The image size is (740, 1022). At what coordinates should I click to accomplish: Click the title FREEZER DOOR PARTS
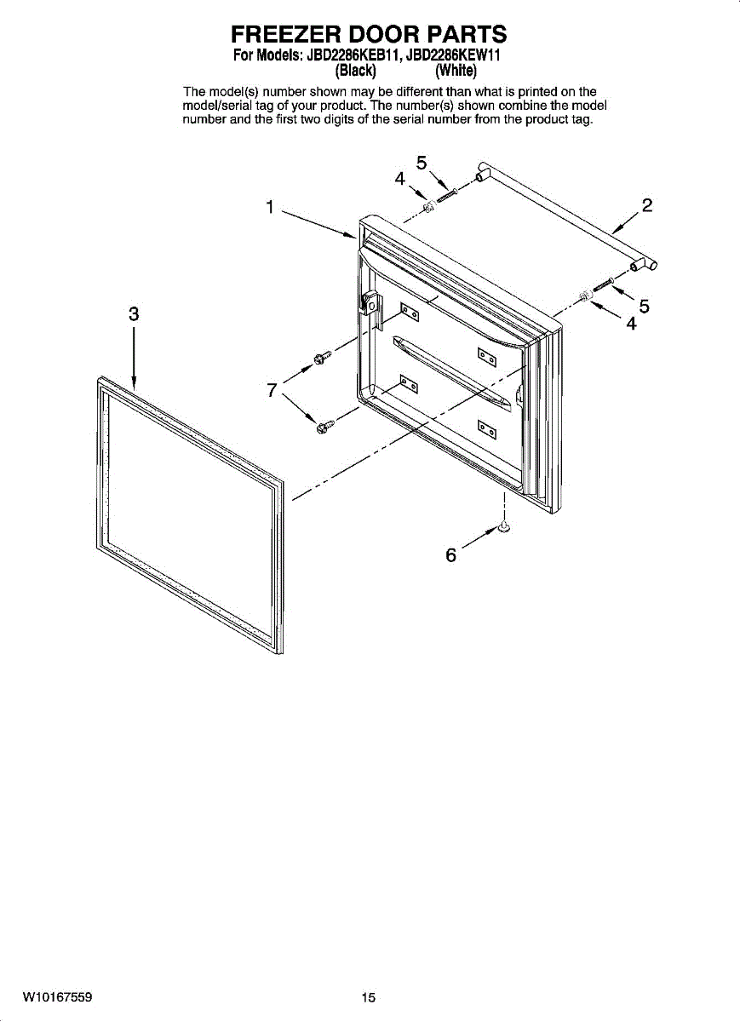(369, 34)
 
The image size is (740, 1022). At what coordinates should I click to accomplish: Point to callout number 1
(269, 207)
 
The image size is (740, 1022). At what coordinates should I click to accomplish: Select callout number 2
(648, 205)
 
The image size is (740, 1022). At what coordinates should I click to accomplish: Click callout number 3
(134, 313)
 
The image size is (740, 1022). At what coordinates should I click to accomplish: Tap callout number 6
(451, 555)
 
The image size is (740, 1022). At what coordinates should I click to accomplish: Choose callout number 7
(272, 390)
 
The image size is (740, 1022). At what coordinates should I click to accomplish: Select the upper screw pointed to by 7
(321, 359)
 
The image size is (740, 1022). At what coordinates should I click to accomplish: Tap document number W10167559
(58, 996)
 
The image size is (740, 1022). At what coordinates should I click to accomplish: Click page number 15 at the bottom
(368, 997)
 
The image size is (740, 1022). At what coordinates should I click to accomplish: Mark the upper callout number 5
(422, 162)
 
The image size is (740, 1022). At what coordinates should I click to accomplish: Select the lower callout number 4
(631, 324)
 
